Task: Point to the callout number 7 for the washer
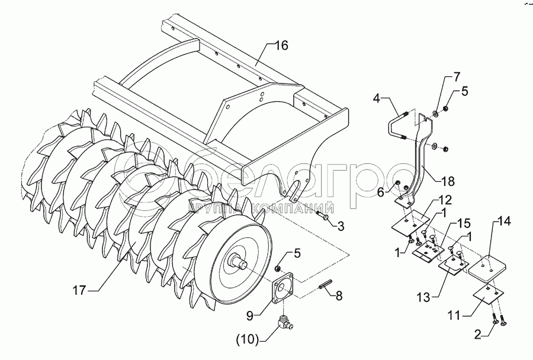[456, 77]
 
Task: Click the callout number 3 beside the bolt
[340, 226]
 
